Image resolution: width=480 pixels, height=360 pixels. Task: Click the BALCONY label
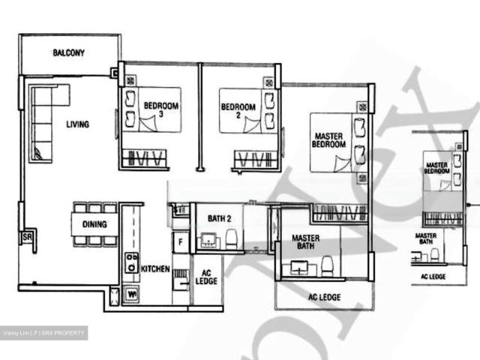tap(68, 53)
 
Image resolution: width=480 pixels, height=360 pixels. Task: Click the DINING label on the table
tap(94, 224)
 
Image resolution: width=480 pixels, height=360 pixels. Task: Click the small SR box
tap(27, 237)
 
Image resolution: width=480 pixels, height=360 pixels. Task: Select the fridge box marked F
tap(180, 242)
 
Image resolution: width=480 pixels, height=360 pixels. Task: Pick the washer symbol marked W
tap(132, 295)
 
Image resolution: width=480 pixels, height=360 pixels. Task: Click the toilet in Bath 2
tap(231, 239)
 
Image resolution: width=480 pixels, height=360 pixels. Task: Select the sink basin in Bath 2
tap(207, 240)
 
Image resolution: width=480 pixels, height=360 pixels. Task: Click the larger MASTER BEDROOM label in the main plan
tap(328, 140)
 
